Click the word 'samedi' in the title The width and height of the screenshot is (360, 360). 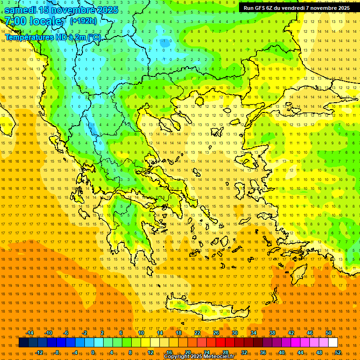(20, 9)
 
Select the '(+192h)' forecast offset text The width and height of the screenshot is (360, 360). (83, 21)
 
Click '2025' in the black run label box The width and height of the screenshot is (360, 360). (342, 8)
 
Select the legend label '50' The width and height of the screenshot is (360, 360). (329, 333)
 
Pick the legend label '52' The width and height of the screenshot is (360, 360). (338, 352)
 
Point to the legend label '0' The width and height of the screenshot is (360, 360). (93, 352)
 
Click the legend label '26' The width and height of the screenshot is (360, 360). (216, 333)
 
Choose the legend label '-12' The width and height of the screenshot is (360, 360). (39, 352)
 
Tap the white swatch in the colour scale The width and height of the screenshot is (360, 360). (333, 343)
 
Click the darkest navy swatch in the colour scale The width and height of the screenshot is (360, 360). (23, 343)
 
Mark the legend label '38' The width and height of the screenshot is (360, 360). (272, 333)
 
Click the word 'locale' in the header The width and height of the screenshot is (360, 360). (45, 21)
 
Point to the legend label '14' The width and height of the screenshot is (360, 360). (160, 333)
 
